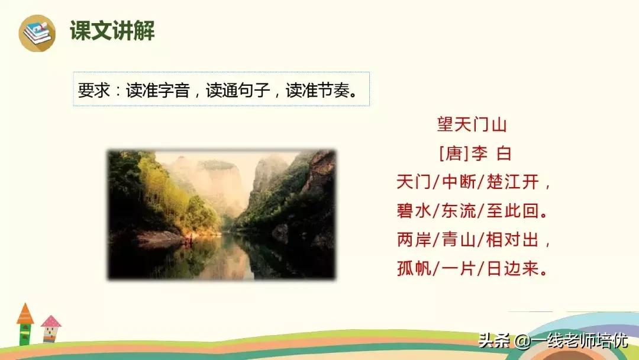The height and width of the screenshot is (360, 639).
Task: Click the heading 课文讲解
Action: pos(112,31)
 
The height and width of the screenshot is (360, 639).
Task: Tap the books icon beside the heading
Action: pos(37,33)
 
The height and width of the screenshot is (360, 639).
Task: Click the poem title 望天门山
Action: pos(472,125)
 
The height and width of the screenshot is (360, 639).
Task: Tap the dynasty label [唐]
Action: pos(454,154)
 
